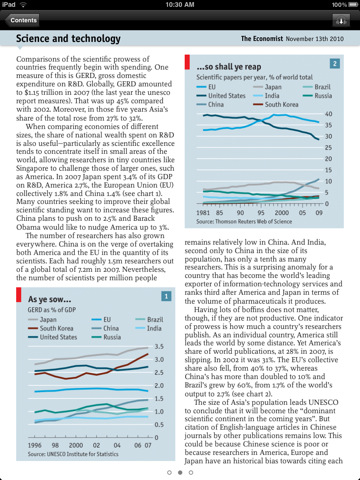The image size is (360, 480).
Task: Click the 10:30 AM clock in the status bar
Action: [x=180, y=5]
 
